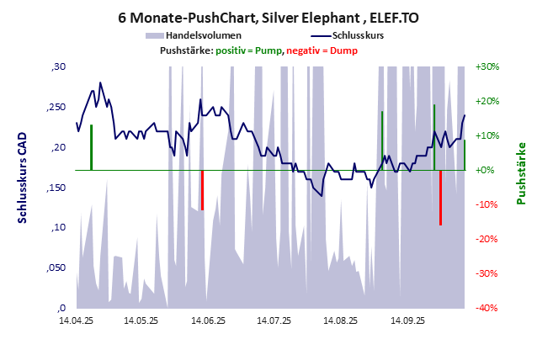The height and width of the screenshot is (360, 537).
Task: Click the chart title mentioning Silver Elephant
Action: pyautogui.click(x=268, y=17)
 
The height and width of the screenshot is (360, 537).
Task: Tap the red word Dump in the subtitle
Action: pyautogui.click(x=345, y=50)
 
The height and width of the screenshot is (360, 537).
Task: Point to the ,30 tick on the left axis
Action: pyautogui.click(x=58, y=66)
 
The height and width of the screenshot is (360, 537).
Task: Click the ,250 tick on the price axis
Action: pyautogui.click(x=56, y=107)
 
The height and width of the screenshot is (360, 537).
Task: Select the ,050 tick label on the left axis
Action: pyautogui.click(x=56, y=267)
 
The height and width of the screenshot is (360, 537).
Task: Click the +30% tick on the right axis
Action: pyautogui.click(x=488, y=66)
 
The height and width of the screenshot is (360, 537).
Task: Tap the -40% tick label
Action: pyautogui.click(x=488, y=308)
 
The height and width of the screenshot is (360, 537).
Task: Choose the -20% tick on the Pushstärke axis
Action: pyautogui.click(x=488, y=239)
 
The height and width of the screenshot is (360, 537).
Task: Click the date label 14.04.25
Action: pyautogui.click(x=75, y=320)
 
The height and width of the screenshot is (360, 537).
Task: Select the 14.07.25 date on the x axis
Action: pyautogui.click(x=274, y=320)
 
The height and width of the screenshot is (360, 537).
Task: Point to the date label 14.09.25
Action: pyautogui.click(x=407, y=320)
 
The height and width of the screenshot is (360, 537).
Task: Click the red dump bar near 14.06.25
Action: pyautogui.click(x=202, y=190)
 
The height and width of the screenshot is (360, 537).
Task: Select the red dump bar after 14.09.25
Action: pyautogui.click(x=440, y=198)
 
